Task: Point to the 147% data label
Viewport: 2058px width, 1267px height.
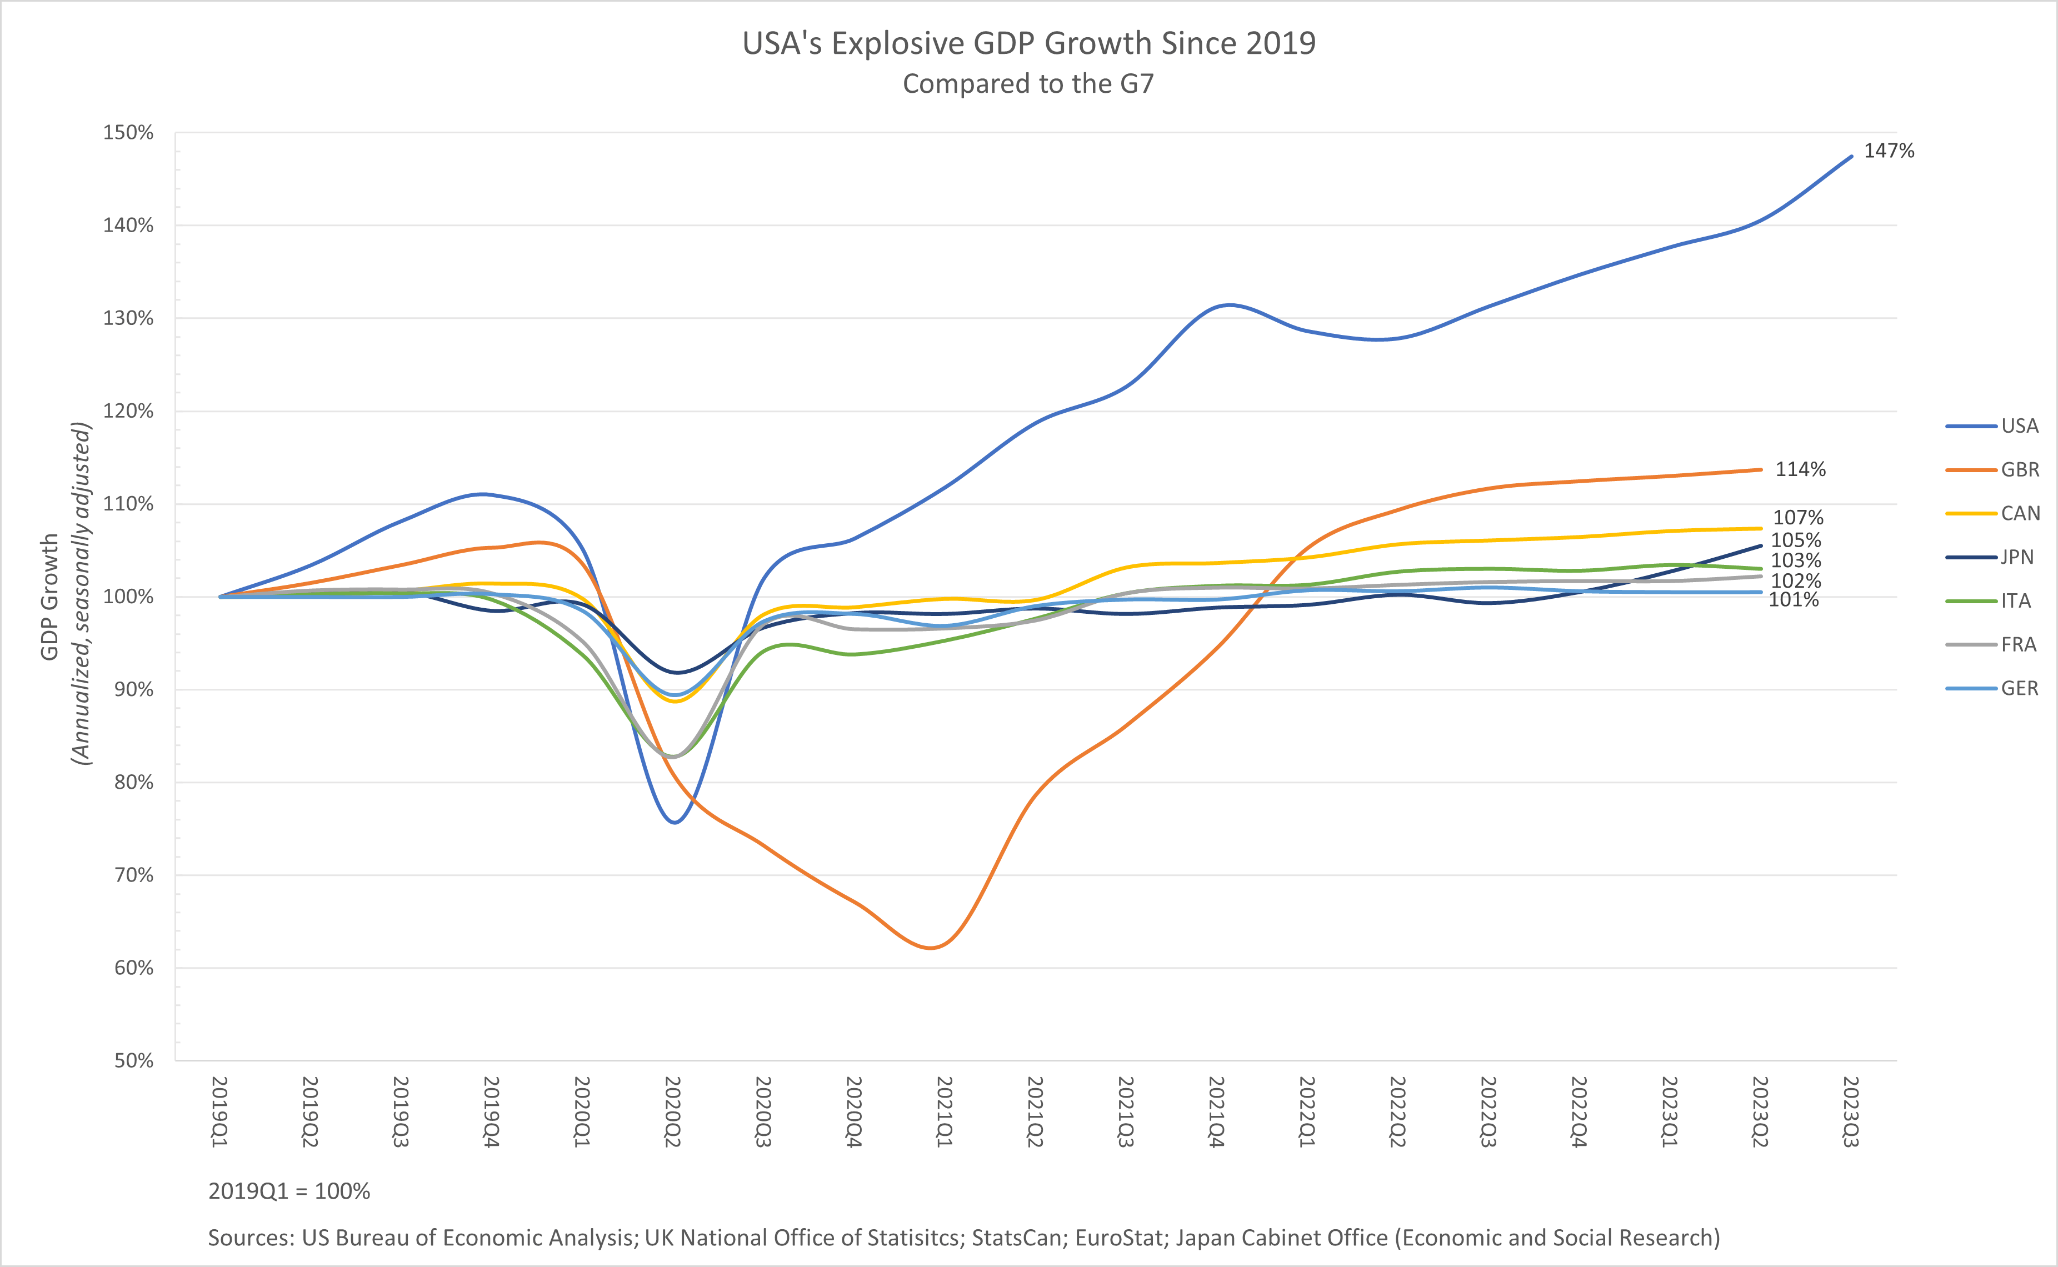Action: point(1889,151)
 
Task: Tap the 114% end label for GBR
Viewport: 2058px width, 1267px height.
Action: point(1800,469)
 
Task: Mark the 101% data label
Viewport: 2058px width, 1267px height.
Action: point(1793,600)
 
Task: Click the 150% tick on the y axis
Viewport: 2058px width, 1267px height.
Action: point(128,132)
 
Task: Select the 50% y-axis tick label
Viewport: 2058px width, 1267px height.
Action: point(133,1060)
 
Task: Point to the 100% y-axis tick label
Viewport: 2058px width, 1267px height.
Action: point(128,597)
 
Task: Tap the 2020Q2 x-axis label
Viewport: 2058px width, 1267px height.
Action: point(673,1112)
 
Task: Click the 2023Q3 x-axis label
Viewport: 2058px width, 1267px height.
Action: point(1851,1112)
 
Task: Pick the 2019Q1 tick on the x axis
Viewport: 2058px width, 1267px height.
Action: point(219,1112)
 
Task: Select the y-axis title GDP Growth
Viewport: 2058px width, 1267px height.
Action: point(49,597)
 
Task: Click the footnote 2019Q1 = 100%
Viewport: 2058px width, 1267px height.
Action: point(289,1191)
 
